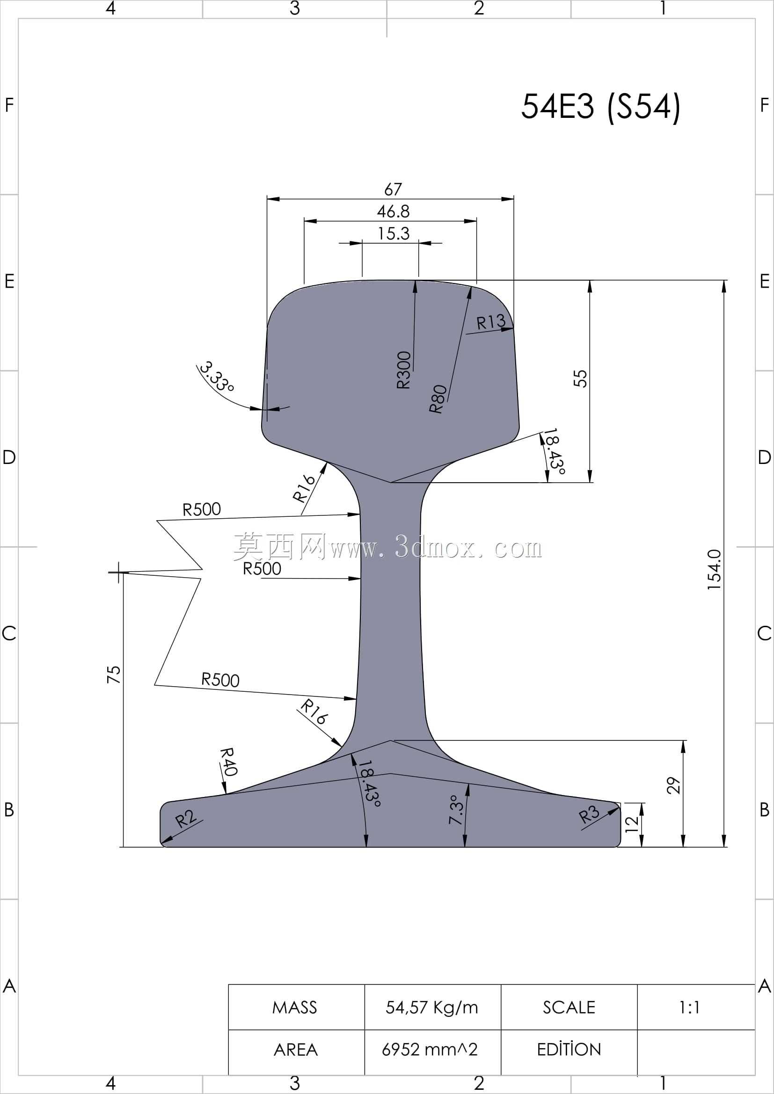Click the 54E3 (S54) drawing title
click(600, 106)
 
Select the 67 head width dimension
click(393, 189)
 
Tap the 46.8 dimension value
click(393, 211)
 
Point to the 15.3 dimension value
click(394, 233)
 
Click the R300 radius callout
click(404, 370)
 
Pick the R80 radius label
click(438, 399)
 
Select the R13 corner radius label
click(491, 322)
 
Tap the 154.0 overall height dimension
click(715, 570)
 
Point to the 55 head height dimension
click(580, 379)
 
